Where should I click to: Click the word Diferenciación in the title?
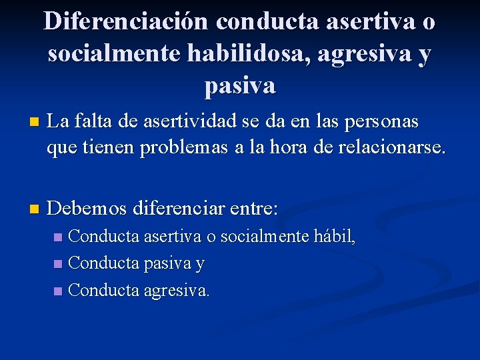(x=126, y=23)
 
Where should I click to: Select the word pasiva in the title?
(x=240, y=85)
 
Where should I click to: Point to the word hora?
(x=301, y=147)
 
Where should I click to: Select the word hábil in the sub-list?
(x=336, y=236)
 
